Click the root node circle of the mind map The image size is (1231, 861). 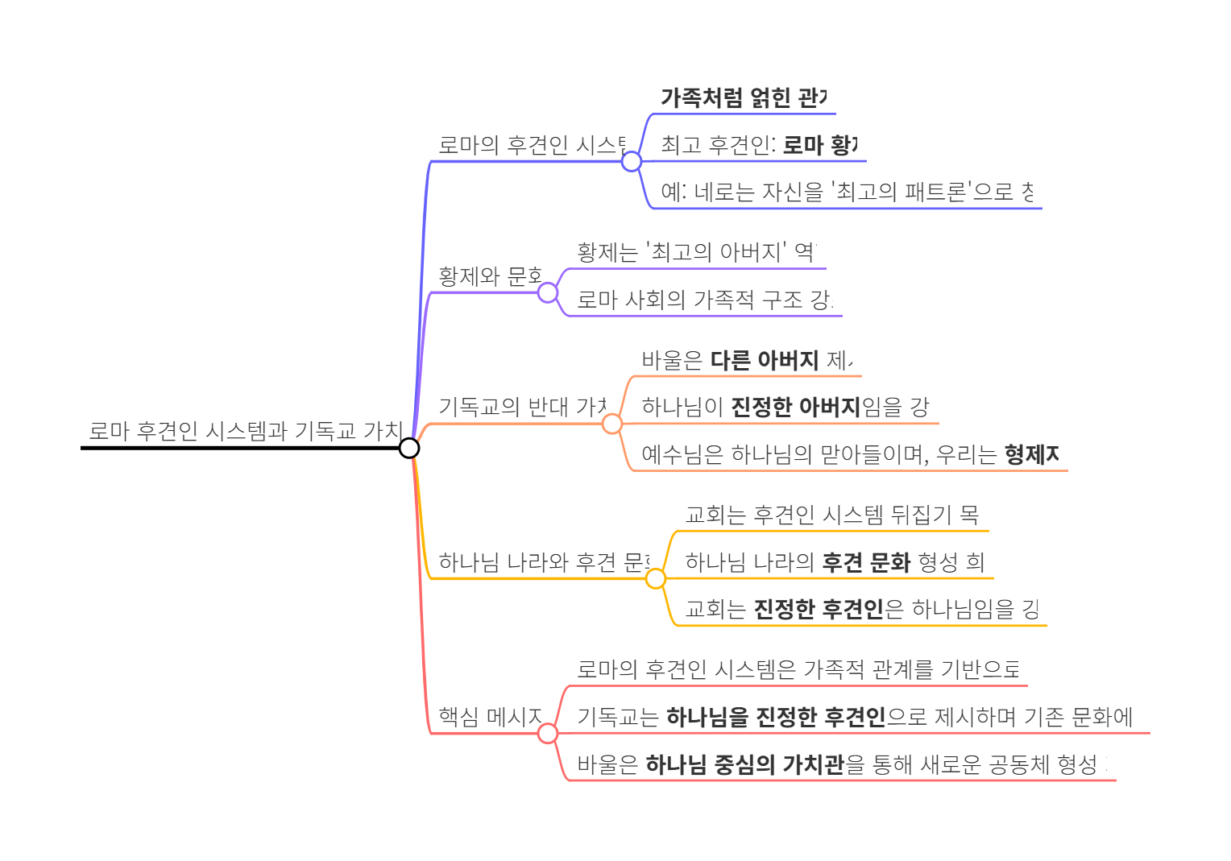409,448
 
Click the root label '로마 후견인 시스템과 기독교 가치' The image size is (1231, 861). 245,431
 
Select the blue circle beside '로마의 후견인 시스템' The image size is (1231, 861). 632,161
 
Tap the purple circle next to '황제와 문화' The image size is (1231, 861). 548,292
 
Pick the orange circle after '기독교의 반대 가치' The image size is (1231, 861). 612,424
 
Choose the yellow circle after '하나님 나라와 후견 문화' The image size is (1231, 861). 656,578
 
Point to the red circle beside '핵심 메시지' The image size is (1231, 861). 548,734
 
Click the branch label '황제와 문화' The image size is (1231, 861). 490,276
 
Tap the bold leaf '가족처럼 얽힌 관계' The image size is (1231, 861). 743,97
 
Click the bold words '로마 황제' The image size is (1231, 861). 820,145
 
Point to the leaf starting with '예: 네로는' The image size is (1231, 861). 847,192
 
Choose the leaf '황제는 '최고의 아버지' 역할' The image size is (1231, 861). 697,252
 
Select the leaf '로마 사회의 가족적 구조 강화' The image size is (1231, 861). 705,300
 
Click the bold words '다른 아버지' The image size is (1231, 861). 764,360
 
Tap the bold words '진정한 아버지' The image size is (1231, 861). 796,407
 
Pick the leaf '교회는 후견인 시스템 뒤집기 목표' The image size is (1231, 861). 831,514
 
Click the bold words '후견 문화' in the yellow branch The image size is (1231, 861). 866,562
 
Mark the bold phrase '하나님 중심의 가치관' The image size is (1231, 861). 744,764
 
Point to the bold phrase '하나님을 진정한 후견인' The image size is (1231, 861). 776,716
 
